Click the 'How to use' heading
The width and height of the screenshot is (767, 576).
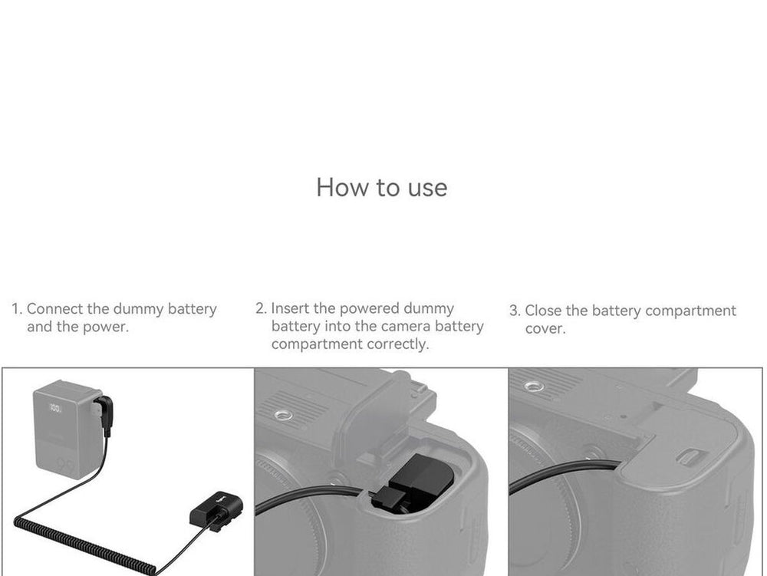pos(381,187)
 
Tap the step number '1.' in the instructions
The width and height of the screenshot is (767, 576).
pos(17,309)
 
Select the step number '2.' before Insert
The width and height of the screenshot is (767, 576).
pos(262,308)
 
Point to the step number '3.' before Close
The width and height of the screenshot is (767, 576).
pos(515,311)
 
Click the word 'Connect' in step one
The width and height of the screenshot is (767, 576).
pos(54,309)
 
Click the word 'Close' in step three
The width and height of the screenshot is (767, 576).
pos(543,311)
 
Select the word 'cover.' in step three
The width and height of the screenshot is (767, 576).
pos(545,328)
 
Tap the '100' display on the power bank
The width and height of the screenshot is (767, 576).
pos(55,408)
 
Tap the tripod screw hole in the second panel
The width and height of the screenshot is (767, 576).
pos(283,416)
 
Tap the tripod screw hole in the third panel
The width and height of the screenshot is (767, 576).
pos(534,387)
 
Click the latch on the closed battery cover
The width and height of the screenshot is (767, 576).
pos(689,456)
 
